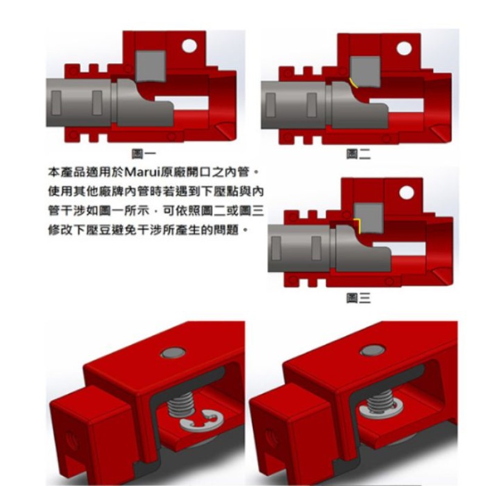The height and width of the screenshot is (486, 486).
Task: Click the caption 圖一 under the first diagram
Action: (143, 154)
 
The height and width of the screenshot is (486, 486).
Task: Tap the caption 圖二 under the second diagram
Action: (358, 154)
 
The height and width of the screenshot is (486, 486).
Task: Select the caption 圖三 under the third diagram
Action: (358, 298)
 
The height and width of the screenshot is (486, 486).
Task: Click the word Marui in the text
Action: (142, 172)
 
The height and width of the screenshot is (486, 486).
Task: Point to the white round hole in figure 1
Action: (190, 46)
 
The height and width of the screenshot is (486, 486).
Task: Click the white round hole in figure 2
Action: (404, 49)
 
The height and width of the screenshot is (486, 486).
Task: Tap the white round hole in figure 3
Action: (406, 193)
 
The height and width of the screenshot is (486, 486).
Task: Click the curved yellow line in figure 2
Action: (354, 83)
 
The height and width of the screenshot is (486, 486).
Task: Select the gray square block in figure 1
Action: (150, 66)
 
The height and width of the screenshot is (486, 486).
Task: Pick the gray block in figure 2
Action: (365, 72)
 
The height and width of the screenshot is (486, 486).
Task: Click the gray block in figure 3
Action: (369, 218)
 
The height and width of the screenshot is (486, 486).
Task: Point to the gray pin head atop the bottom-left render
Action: (174, 353)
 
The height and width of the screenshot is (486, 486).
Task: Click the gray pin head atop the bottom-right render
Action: (372, 351)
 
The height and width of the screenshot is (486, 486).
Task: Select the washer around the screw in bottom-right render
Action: (382, 408)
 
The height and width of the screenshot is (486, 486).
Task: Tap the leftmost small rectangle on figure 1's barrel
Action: (56, 103)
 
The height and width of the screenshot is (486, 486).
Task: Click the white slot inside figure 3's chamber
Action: (400, 248)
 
